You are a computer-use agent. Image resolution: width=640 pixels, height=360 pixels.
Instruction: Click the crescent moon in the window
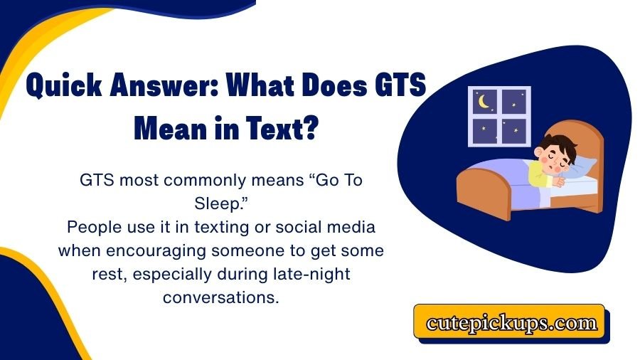pyautogui.click(x=484, y=102)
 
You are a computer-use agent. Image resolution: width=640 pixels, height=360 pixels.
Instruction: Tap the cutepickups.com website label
pyautogui.click(x=511, y=324)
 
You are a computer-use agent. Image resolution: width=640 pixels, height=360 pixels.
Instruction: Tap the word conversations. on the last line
pyautogui.click(x=220, y=297)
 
